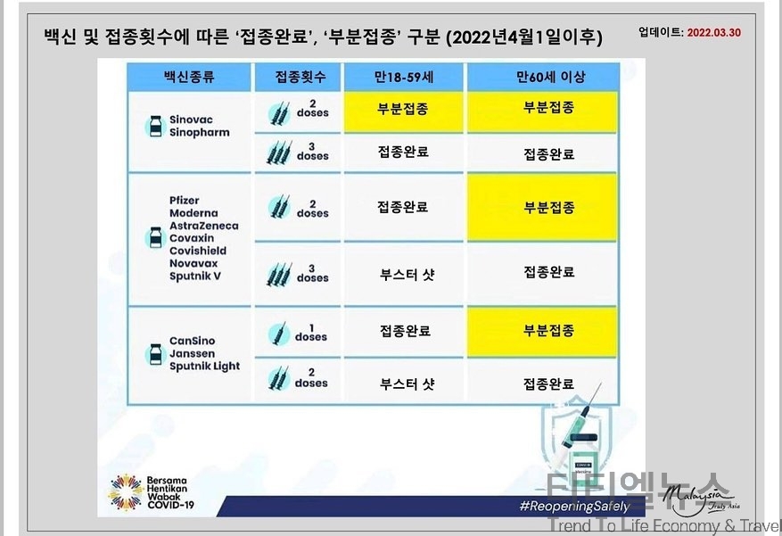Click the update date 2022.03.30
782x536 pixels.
pos(713,32)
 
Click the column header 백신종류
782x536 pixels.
pos(189,77)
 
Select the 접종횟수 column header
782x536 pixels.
pos(300,77)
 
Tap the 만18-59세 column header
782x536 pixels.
pos(403,77)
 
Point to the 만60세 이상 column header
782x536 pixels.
pos(550,77)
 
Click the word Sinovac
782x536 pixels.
pos(191,120)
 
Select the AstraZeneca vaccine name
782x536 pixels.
pos(204,226)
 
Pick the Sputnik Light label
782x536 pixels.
pos(204,367)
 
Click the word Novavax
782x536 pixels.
pos(193,263)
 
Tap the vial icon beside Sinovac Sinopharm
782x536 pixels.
pos(156,126)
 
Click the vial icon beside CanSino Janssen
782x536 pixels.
pos(156,354)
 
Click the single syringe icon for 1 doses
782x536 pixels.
pos(279,334)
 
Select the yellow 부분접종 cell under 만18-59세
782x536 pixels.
pos(403,111)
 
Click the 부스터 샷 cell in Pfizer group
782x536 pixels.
pos(407,274)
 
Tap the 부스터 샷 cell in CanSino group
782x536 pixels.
pos(407,383)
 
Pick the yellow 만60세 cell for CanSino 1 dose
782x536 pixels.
pos(542,332)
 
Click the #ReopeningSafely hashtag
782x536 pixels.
pos(574,507)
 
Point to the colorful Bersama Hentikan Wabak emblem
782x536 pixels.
pos(126,492)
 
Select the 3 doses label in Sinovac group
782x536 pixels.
pos(312,152)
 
